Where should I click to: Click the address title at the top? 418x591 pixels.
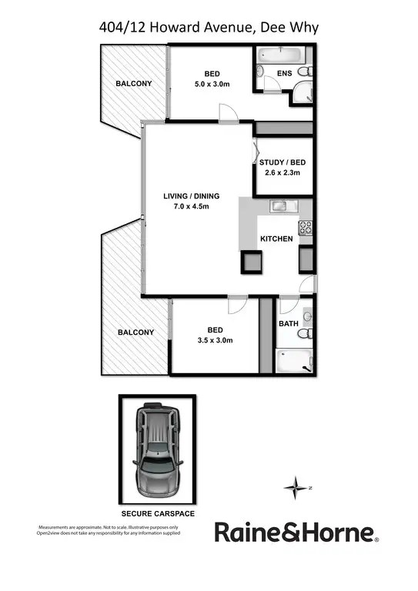click(x=209, y=28)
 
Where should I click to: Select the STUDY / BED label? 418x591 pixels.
click(x=283, y=162)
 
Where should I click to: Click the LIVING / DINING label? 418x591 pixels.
click(x=191, y=195)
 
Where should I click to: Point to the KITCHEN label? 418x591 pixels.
click(x=276, y=239)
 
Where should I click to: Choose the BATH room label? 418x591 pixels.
click(x=288, y=324)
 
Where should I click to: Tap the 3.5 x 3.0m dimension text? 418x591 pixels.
click(x=215, y=340)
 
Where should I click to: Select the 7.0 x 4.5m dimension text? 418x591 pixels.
click(x=191, y=206)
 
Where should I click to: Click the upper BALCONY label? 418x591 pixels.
click(x=133, y=83)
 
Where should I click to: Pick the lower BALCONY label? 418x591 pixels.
click(x=135, y=332)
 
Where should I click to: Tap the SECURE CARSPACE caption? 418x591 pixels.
click(x=157, y=512)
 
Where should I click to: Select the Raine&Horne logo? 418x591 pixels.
click(x=296, y=532)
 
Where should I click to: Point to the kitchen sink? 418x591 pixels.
click(x=278, y=206)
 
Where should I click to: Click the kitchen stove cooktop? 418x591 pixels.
click(x=305, y=228)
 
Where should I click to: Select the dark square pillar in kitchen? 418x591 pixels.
click(x=252, y=261)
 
